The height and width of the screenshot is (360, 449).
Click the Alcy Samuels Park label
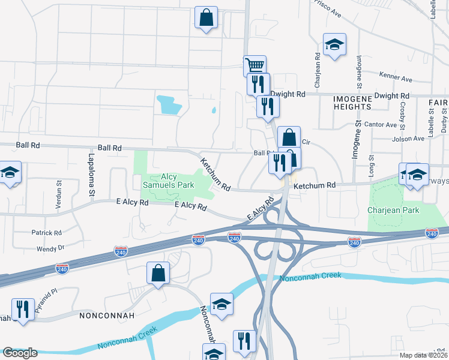coord(168,181)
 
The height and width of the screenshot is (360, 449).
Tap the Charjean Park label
coord(394,211)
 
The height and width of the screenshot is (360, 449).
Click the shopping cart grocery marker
coord(255,65)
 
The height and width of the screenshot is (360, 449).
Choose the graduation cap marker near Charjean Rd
coord(335,44)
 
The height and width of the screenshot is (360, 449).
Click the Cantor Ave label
coord(383,125)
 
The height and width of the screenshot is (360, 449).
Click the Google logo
coord(20,353)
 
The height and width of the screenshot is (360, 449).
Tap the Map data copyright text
coord(423,355)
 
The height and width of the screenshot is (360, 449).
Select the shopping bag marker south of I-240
coord(157,273)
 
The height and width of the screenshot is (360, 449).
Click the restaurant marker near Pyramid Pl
coord(23,310)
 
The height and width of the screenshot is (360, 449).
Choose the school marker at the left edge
coord(10,172)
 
